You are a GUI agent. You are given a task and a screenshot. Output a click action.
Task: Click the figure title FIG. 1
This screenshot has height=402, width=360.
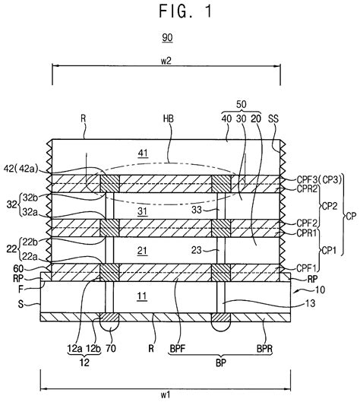pyautogui.click(x=186, y=11)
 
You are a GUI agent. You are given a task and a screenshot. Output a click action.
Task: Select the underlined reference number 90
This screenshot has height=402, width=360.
pyautogui.click(x=167, y=38)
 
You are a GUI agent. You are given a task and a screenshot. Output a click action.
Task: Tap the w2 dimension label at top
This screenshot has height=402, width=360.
pyautogui.click(x=166, y=61)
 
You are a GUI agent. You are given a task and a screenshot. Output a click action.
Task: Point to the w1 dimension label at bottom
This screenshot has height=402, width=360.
pyautogui.click(x=166, y=394)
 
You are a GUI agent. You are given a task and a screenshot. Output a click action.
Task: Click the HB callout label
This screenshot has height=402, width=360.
pyautogui.click(x=168, y=119)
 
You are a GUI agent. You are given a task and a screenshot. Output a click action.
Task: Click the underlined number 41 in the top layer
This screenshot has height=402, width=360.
pyautogui.click(x=143, y=153)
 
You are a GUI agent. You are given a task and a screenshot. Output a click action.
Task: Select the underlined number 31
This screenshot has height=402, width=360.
pyautogui.click(x=143, y=211)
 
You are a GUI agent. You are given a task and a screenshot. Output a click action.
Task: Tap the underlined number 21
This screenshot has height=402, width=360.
pyautogui.click(x=143, y=251)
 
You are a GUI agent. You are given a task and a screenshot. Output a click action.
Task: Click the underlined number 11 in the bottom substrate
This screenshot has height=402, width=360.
pyautogui.click(x=142, y=296)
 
